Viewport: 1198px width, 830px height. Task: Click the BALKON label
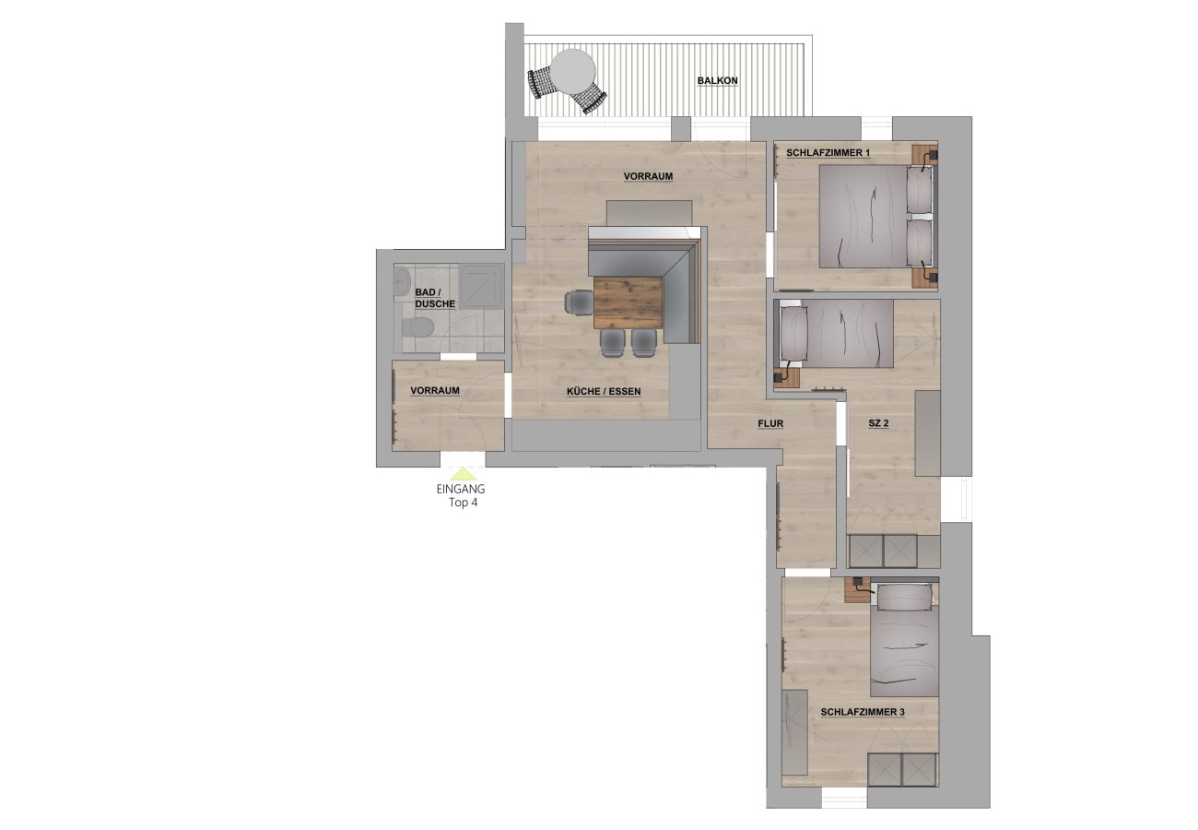tap(717, 81)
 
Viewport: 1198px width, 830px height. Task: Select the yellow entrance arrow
tap(463, 473)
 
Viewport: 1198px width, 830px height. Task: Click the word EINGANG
tap(461, 490)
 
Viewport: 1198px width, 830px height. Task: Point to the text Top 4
tap(462, 504)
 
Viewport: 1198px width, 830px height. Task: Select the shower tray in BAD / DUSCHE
tap(480, 285)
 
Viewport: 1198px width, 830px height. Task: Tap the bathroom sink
tap(400, 281)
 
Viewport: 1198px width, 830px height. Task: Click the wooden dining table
tap(628, 302)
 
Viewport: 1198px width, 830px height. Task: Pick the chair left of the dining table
tap(580, 302)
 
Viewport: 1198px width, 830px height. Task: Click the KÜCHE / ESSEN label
tap(604, 392)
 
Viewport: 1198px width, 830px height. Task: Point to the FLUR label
tap(769, 424)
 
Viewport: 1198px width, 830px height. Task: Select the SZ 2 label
tap(877, 424)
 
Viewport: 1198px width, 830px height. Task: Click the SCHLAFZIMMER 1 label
tap(828, 152)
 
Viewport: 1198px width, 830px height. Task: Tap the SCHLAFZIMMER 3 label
tap(863, 712)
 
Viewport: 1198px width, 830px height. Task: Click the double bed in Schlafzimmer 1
tap(866, 219)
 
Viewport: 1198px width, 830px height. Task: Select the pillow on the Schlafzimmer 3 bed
tap(905, 598)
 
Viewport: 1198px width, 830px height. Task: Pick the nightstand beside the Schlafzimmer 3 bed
tap(858, 590)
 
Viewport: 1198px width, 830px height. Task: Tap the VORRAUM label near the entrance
tap(435, 391)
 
